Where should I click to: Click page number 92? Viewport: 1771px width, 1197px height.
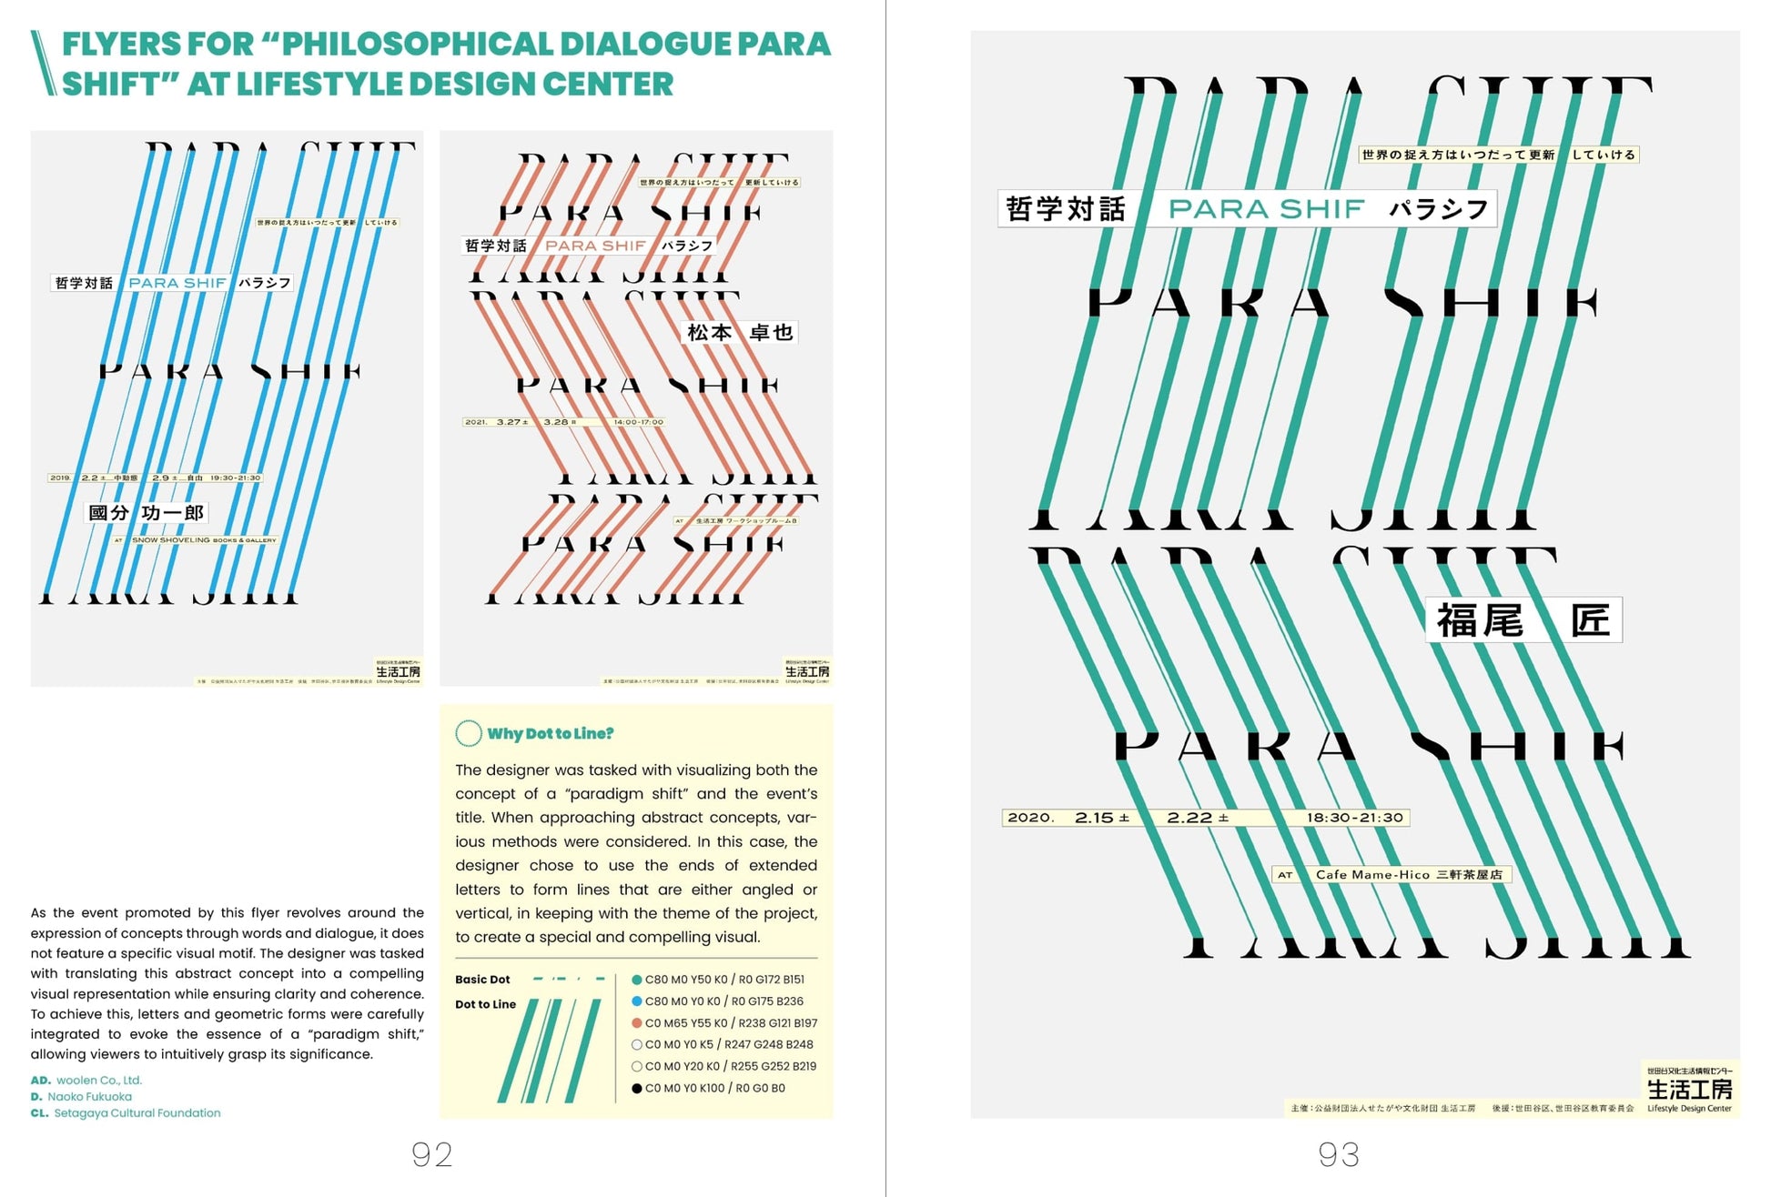(x=431, y=1154)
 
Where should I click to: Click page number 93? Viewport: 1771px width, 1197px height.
(x=1338, y=1154)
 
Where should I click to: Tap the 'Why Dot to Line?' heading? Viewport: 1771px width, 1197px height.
(x=550, y=733)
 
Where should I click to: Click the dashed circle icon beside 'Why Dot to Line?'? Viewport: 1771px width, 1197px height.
(x=468, y=733)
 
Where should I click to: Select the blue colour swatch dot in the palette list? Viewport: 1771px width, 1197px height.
(x=637, y=1001)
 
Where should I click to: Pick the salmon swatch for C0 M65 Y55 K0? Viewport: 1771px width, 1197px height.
(x=637, y=1023)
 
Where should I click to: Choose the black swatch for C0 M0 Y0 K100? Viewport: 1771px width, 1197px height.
(x=637, y=1088)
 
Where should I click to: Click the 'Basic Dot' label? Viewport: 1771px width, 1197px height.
(x=482, y=980)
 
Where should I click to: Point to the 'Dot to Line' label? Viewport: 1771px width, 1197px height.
(x=485, y=1004)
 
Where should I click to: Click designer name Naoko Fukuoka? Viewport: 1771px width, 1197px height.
(x=89, y=1097)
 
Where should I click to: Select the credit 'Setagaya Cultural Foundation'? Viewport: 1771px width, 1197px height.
(x=137, y=1113)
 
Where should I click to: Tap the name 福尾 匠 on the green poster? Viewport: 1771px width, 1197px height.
(x=1523, y=620)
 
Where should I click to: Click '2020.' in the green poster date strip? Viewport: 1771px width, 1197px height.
(x=1030, y=818)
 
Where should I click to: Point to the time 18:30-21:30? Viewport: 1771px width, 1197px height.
(x=1354, y=818)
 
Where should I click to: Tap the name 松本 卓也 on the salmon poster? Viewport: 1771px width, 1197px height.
(x=740, y=333)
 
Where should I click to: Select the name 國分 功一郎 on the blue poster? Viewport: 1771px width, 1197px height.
(x=146, y=513)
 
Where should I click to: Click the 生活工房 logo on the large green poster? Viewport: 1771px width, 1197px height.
(x=1689, y=1089)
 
